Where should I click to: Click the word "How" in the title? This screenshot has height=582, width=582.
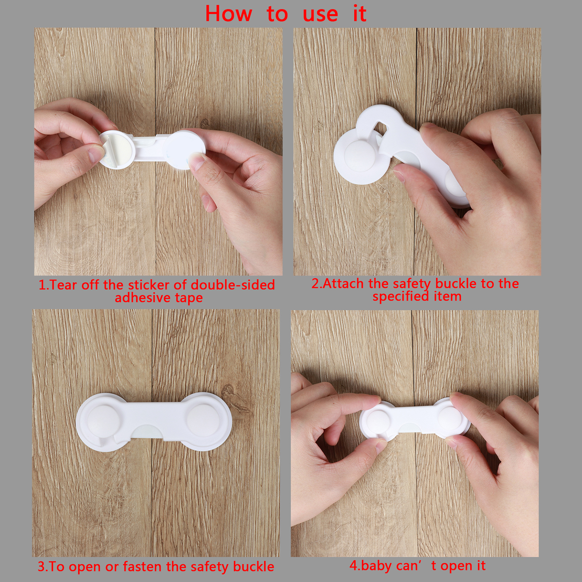point(228,14)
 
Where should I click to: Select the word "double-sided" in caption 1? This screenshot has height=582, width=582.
point(233,285)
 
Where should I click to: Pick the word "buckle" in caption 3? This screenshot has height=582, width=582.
point(254,566)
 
